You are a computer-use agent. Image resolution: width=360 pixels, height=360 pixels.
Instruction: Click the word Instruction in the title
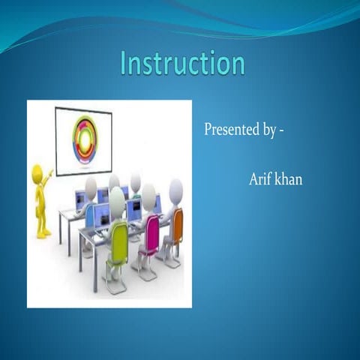tap(183, 64)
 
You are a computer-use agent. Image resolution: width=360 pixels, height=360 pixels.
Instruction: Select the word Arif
tap(260, 180)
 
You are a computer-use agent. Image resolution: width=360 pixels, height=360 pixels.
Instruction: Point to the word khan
tap(289, 180)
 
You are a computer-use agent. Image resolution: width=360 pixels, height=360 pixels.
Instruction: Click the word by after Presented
tap(268, 130)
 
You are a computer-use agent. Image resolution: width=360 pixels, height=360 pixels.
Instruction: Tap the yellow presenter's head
tap(37, 172)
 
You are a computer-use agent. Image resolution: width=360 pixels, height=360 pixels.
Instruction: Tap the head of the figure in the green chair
tap(117, 200)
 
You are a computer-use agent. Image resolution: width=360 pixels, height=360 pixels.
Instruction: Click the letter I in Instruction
tap(124, 64)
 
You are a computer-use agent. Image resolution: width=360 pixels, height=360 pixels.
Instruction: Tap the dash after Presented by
tap(281, 130)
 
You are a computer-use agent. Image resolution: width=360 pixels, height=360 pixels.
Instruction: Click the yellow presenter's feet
tap(43, 233)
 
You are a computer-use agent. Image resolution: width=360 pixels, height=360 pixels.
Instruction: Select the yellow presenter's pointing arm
tap(46, 179)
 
